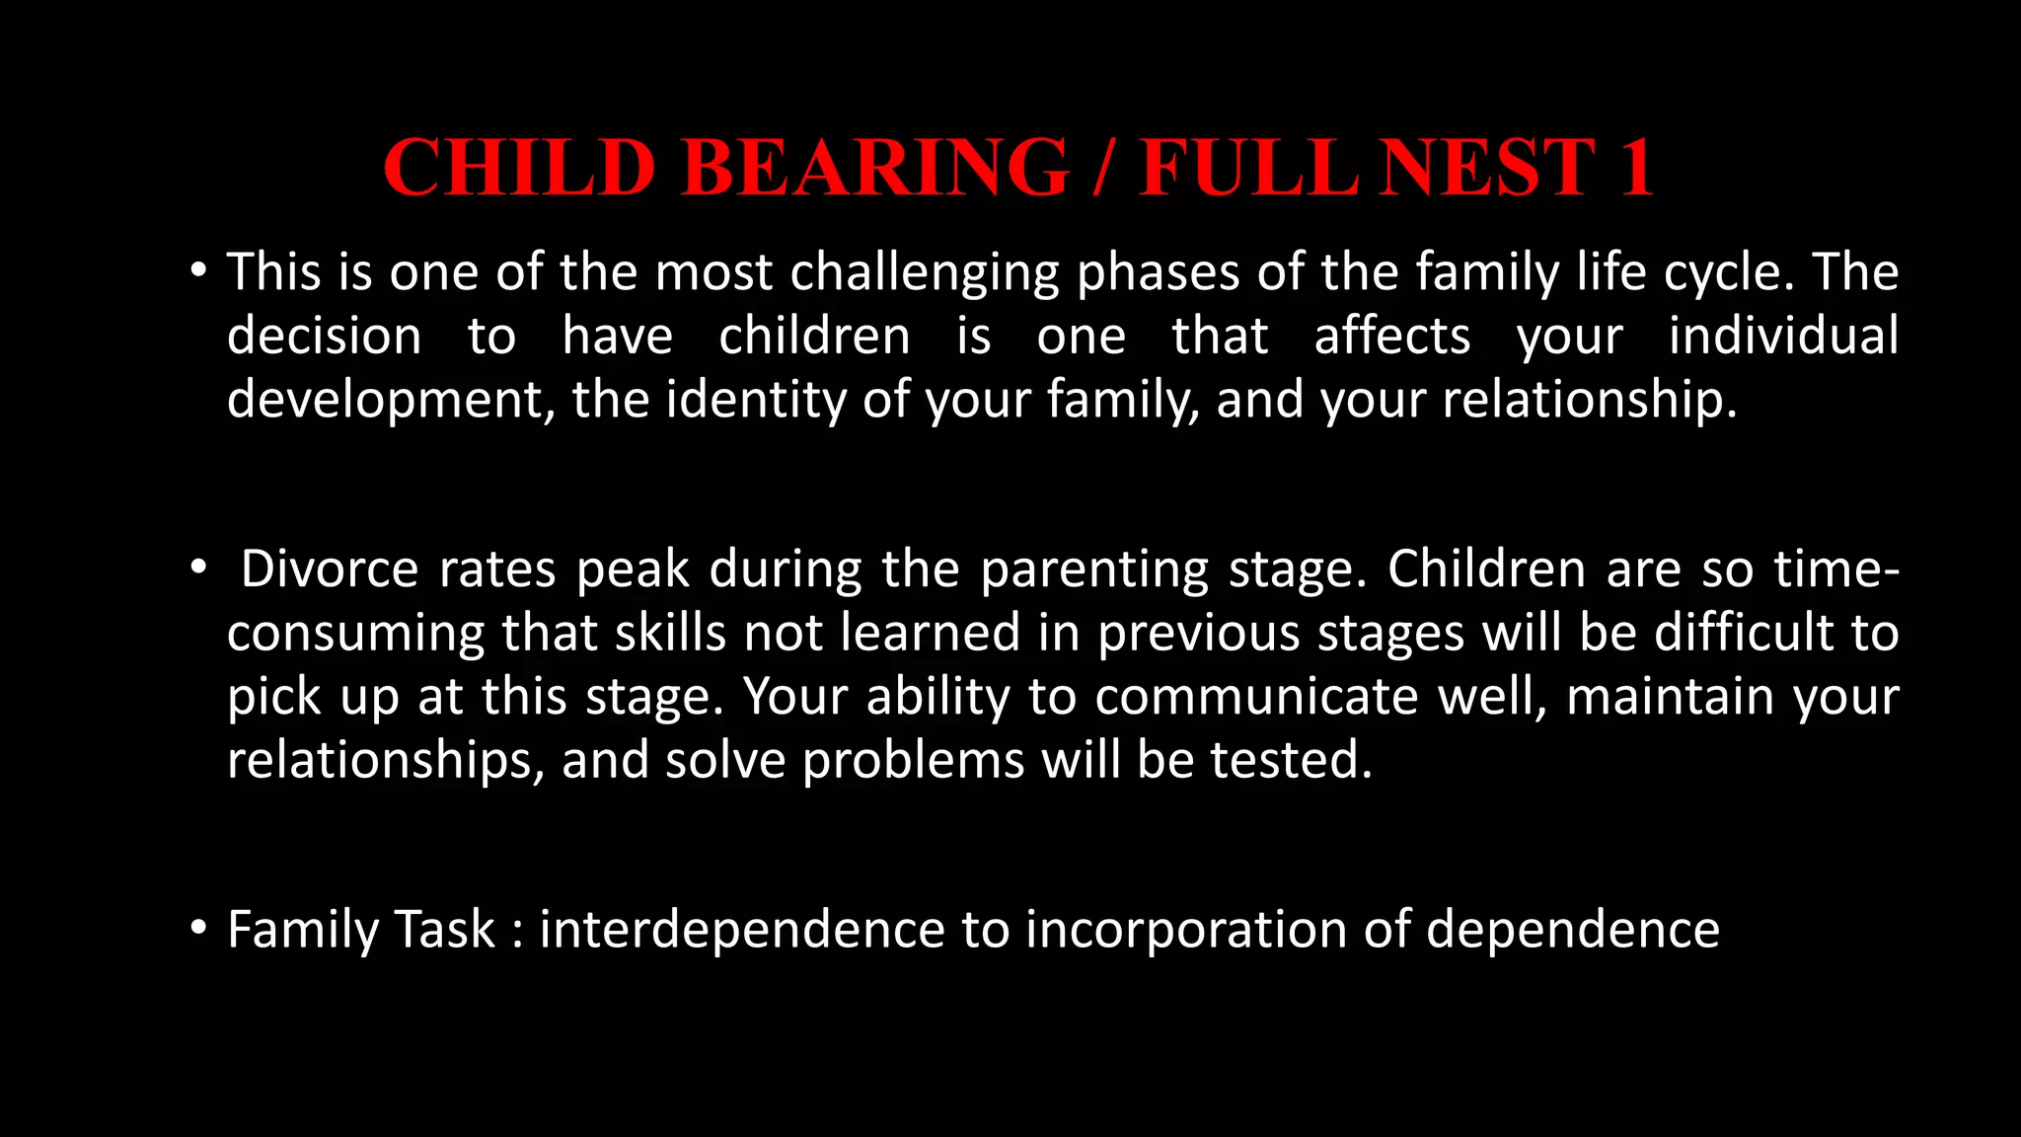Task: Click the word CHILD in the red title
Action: (x=520, y=168)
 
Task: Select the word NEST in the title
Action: (x=1488, y=168)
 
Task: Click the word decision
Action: (x=324, y=337)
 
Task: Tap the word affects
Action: (x=1391, y=337)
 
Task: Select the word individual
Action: (x=1783, y=337)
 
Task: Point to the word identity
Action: (x=755, y=400)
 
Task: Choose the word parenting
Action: (x=1094, y=569)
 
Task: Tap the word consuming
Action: (x=355, y=634)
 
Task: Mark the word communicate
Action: (x=1256, y=697)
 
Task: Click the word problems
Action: (x=914, y=761)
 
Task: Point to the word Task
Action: (x=444, y=930)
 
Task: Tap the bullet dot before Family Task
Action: (x=199, y=928)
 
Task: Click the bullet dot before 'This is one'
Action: (x=199, y=270)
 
